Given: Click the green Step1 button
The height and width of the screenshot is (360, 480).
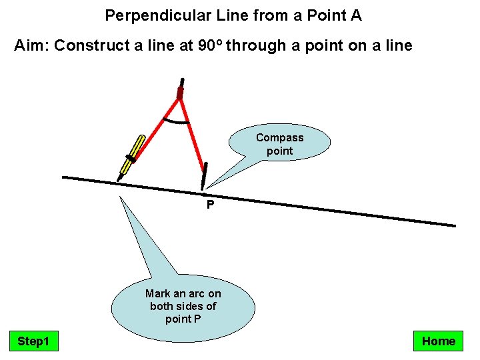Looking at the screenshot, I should [33, 341].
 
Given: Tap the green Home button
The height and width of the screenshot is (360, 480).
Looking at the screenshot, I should [439, 341].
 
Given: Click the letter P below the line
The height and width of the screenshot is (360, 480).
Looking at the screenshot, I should [210, 205].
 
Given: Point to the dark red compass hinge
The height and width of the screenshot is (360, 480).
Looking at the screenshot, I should [180, 93].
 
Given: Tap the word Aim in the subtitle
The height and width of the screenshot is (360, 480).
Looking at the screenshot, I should [31, 45].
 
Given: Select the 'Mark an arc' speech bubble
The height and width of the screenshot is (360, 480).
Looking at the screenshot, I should [183, 305].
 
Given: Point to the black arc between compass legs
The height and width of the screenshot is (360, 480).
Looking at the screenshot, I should [177, 122].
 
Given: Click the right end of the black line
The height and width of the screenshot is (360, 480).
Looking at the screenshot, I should [453, 225].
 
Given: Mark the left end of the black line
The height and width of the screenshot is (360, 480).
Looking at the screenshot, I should [64, 177].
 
